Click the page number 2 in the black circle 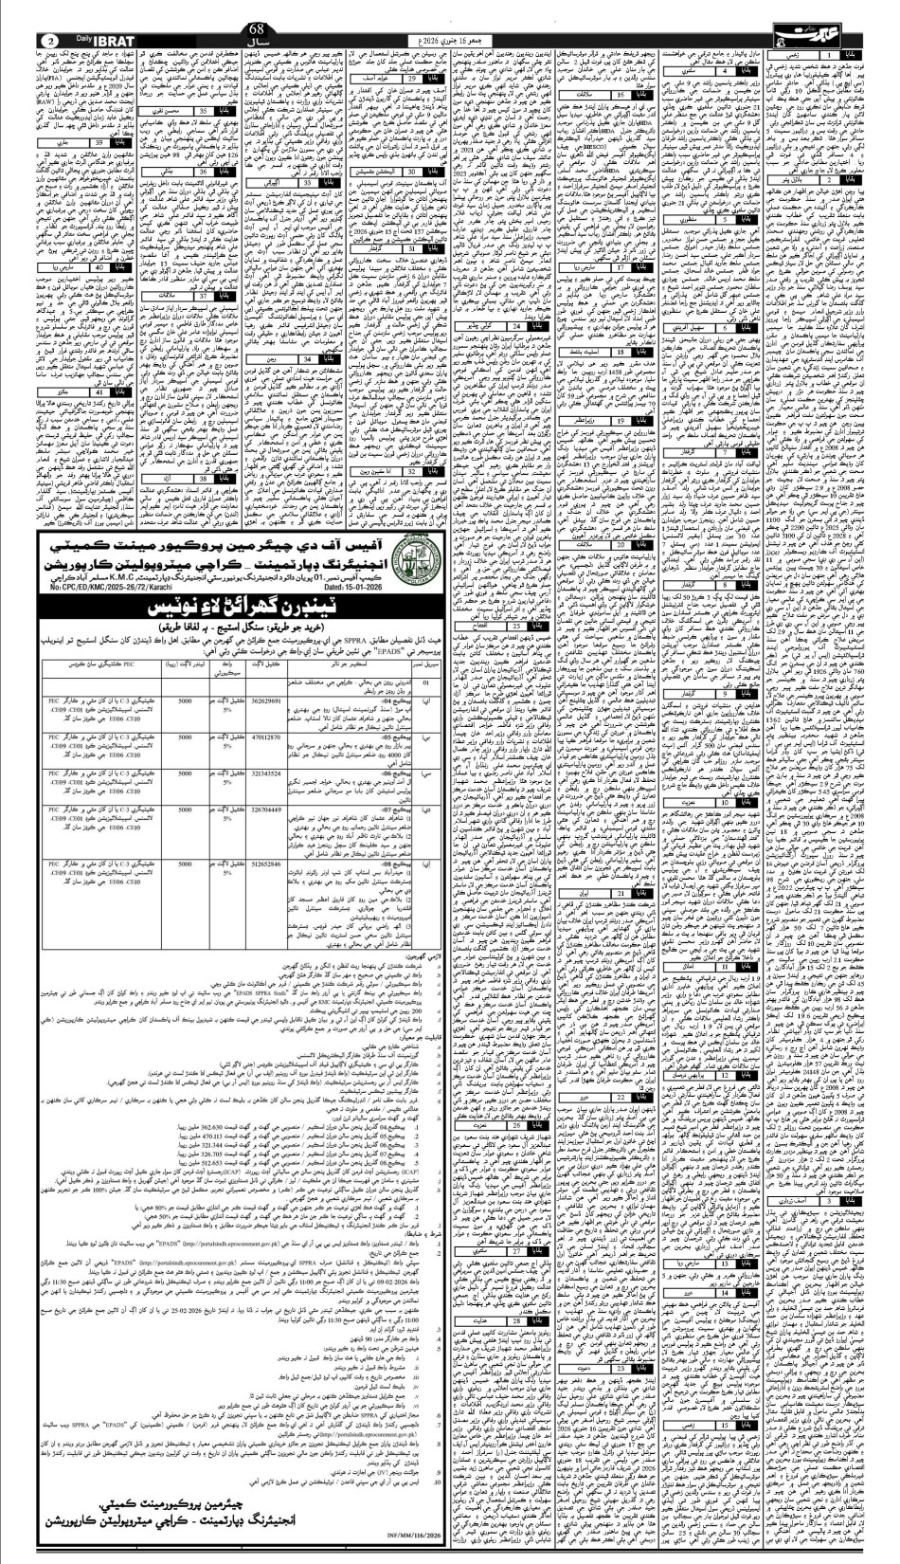(50, 42)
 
